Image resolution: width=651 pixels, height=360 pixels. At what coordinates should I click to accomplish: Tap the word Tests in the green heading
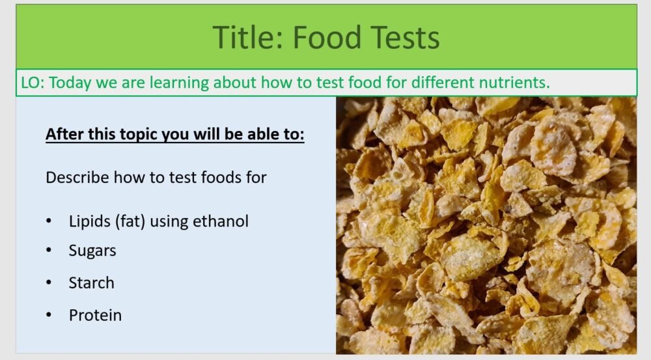404,37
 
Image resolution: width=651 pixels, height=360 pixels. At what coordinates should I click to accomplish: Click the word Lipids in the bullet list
89,221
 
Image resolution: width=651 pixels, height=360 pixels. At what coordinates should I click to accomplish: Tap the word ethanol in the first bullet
221,221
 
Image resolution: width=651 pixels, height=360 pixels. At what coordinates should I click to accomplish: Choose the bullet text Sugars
92,251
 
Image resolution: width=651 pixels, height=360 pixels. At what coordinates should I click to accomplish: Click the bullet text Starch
91,283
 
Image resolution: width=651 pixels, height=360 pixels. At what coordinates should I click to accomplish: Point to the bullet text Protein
95,315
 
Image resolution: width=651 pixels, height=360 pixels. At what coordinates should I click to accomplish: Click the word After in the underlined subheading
62,135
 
